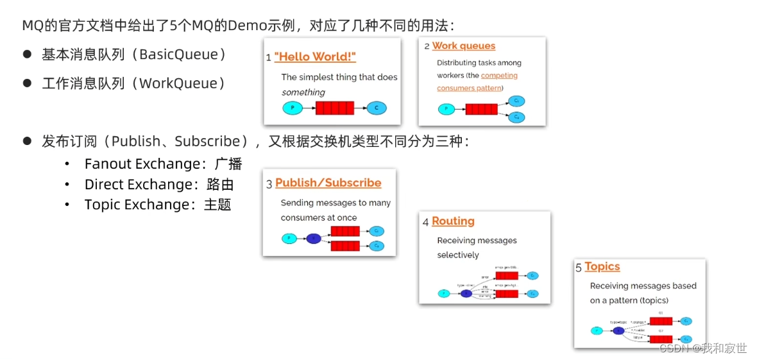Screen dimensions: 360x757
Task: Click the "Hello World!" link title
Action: tap(315, 56)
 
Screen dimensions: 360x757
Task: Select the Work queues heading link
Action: tap(463, 46)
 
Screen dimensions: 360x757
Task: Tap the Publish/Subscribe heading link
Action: tap(328, 183)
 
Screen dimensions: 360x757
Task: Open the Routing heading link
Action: tap(453, 221)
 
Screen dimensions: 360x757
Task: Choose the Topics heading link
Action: tap(602, 266)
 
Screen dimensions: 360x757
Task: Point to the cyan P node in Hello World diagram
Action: tap(293, 108)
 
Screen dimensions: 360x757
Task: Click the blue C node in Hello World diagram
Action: tap(377, 108)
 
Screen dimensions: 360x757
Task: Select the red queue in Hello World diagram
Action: tap(335, 108)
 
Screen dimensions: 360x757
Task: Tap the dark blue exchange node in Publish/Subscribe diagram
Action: tap(313, 239)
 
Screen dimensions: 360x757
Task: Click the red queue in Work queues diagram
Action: tap(481, 109)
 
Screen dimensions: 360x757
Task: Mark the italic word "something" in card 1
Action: tap(303, 92)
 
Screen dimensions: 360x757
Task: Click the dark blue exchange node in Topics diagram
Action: tap(618, 330)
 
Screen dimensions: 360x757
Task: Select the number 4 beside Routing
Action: tap(426, 222)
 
